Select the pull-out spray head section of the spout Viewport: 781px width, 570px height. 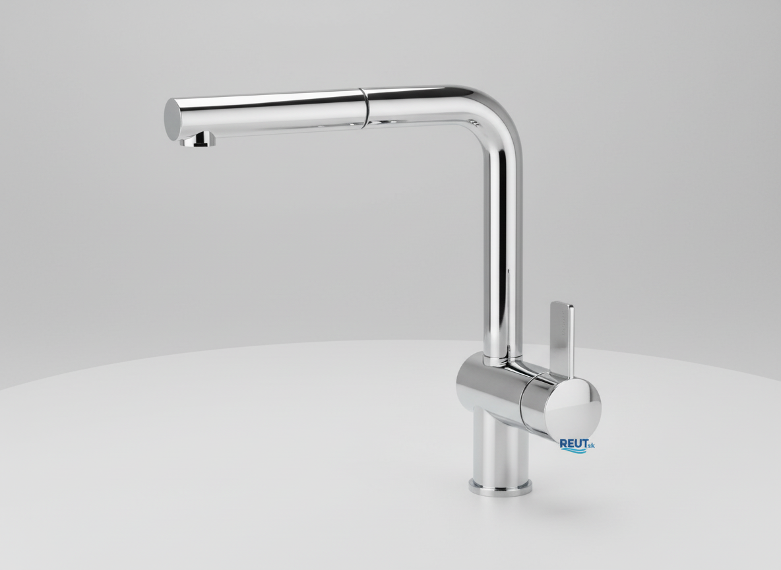(x=264, y=113)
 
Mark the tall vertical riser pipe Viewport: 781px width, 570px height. (x=502, y=249)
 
